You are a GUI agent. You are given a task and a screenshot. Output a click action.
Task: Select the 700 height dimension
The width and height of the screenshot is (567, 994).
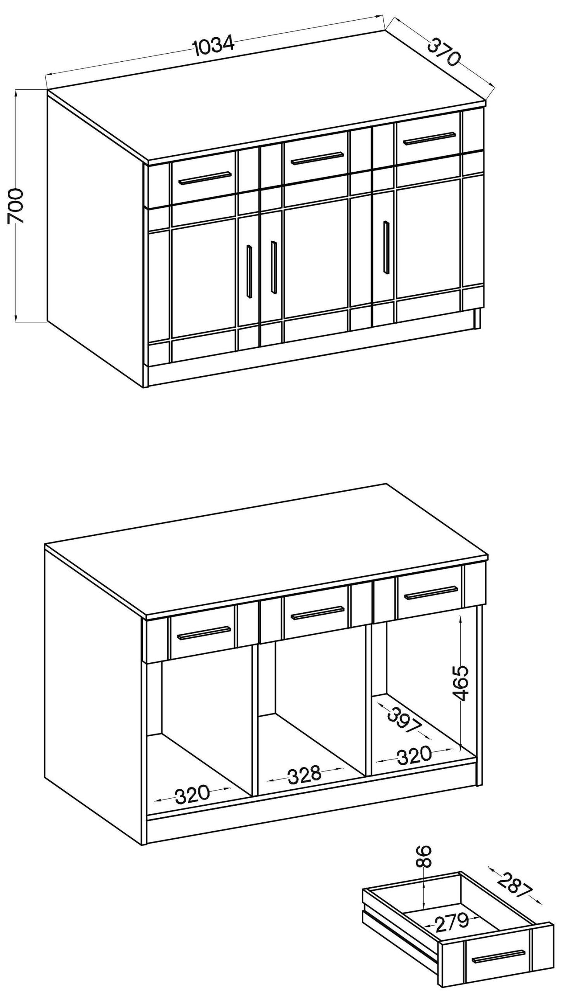click(x=16, y=206)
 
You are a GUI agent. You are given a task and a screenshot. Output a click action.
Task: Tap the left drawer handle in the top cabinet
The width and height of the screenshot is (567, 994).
click(x=205, y=177)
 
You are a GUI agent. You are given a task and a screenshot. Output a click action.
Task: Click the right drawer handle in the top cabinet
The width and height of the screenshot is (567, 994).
click(x=430, y=139)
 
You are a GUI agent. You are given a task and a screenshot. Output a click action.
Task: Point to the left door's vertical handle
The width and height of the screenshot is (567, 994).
click(x=249, y=271)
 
